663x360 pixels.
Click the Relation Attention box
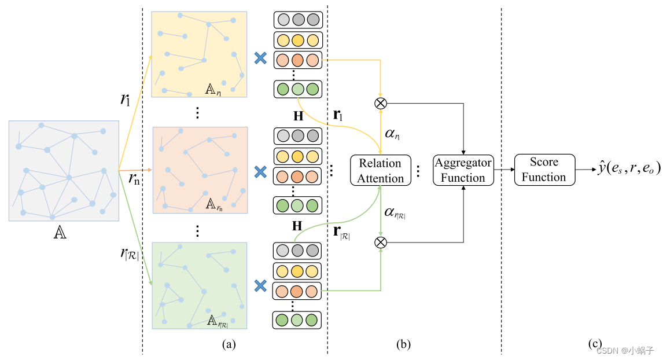coord(380,170)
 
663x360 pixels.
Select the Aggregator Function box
coord(463,170)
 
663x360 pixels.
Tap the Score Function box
coord(544,170)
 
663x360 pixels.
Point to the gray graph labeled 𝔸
coord(64,170)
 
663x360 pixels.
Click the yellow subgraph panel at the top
coord(199,54)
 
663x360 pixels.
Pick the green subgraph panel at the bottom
coord(200,285)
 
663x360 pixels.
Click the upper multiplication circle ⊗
coord(381,103)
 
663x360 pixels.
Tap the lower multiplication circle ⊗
coord(381,242)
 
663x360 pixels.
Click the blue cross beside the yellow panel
coord(260,58)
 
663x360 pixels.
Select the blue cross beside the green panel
coord(260,285)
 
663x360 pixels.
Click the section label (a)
coord(229,344)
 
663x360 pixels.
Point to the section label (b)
coord(403,344)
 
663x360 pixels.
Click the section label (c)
coord(595,344)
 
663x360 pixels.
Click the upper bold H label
coord(298,116)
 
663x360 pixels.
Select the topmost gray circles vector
coord(297,20)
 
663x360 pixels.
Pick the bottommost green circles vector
coord(297,320)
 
